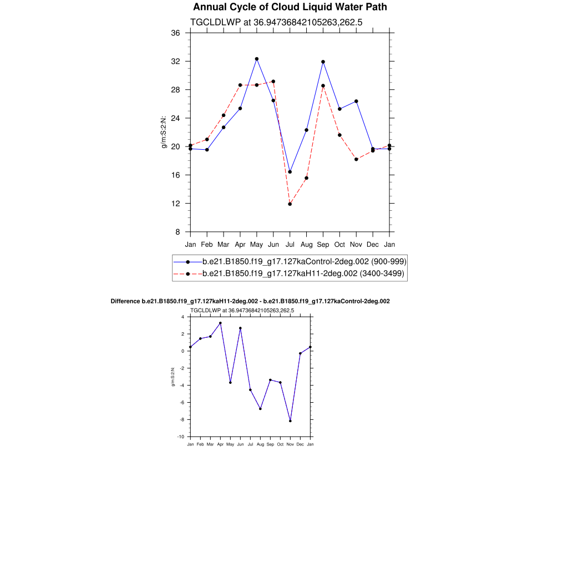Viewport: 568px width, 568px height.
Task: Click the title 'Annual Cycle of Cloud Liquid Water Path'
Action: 290,7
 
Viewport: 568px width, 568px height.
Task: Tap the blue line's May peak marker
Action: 257,59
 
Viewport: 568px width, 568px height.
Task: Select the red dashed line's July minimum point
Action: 290,204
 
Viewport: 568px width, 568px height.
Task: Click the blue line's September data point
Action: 323,62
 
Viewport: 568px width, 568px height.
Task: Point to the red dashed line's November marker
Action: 356,159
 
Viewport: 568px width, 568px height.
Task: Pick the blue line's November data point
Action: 356,102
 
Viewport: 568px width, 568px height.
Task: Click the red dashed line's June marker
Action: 273,82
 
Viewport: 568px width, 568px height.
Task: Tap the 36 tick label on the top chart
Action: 175,33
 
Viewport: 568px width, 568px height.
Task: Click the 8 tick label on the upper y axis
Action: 177,232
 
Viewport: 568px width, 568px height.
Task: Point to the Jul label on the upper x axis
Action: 290,245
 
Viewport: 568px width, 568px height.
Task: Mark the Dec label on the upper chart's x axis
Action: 373,245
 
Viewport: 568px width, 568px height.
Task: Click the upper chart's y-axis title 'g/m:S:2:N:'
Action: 164,132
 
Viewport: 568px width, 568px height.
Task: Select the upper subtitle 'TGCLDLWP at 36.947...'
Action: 276,23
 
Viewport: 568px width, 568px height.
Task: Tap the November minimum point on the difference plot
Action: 290,421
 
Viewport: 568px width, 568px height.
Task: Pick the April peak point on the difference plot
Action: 220,323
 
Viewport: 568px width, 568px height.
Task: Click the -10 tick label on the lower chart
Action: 181,437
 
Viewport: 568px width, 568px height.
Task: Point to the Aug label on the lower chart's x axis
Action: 260,444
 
